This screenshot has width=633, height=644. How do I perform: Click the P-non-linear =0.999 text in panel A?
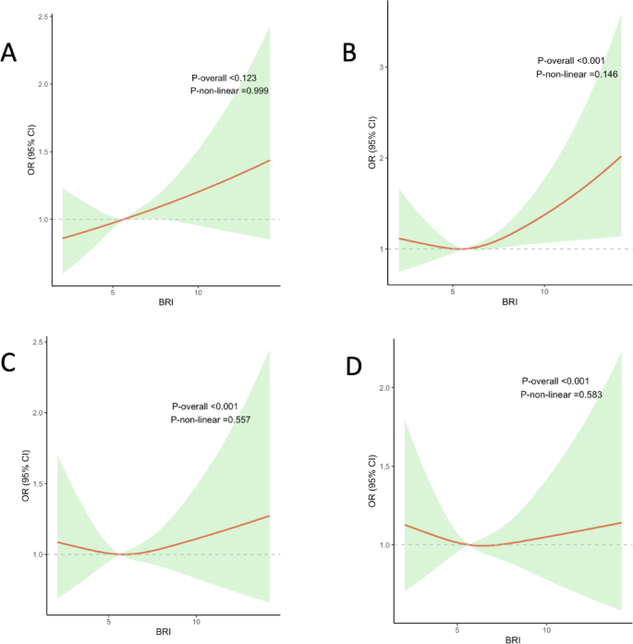coord(229,91)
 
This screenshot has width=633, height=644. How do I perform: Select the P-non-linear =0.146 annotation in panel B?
coord(576,73)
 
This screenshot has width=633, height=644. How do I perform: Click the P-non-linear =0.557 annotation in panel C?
coord(211,419)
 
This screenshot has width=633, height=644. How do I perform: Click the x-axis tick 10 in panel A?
coord(198,292)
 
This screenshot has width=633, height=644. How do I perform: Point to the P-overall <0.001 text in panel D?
coord(555,380)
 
